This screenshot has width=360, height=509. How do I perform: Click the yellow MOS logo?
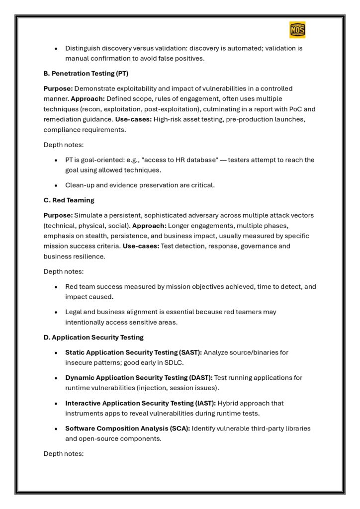297,30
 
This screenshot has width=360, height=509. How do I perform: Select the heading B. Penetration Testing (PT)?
86,74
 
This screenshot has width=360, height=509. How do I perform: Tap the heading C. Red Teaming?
69,200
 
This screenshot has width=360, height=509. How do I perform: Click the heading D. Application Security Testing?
93,337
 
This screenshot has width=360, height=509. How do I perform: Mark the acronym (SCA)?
178,428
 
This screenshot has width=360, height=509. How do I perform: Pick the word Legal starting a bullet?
74,312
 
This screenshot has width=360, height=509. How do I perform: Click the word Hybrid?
228,403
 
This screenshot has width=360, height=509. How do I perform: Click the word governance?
259,246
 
